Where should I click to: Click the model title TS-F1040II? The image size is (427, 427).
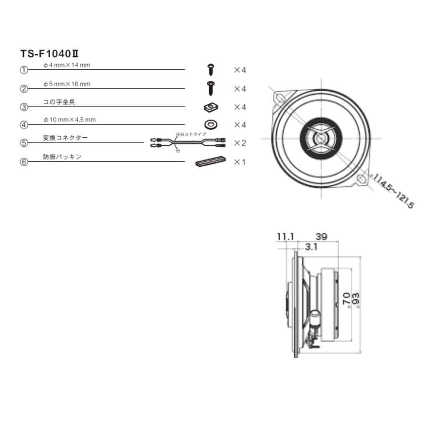point(50,54)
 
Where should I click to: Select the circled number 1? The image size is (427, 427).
point(24,70)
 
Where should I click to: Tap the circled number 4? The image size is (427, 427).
point(24,125)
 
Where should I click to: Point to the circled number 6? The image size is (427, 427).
point(24,162)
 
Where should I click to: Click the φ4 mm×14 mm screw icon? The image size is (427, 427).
point(211,69)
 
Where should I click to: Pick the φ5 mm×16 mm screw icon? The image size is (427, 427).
point(211,88)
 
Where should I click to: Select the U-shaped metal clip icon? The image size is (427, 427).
point(211,107)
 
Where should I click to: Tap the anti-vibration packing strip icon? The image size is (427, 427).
point(211,161)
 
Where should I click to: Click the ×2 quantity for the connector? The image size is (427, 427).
point(240,143)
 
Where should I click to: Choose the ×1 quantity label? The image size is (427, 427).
point(240,162)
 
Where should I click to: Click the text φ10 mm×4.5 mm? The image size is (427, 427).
point(69,120)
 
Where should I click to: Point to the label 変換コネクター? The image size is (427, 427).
point(65,138)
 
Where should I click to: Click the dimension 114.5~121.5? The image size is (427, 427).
point(393,191)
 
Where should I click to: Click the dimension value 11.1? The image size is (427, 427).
point(285,236)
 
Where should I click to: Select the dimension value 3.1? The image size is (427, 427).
point(311,247)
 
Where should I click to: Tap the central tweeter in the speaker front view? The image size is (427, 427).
point(322,138)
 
